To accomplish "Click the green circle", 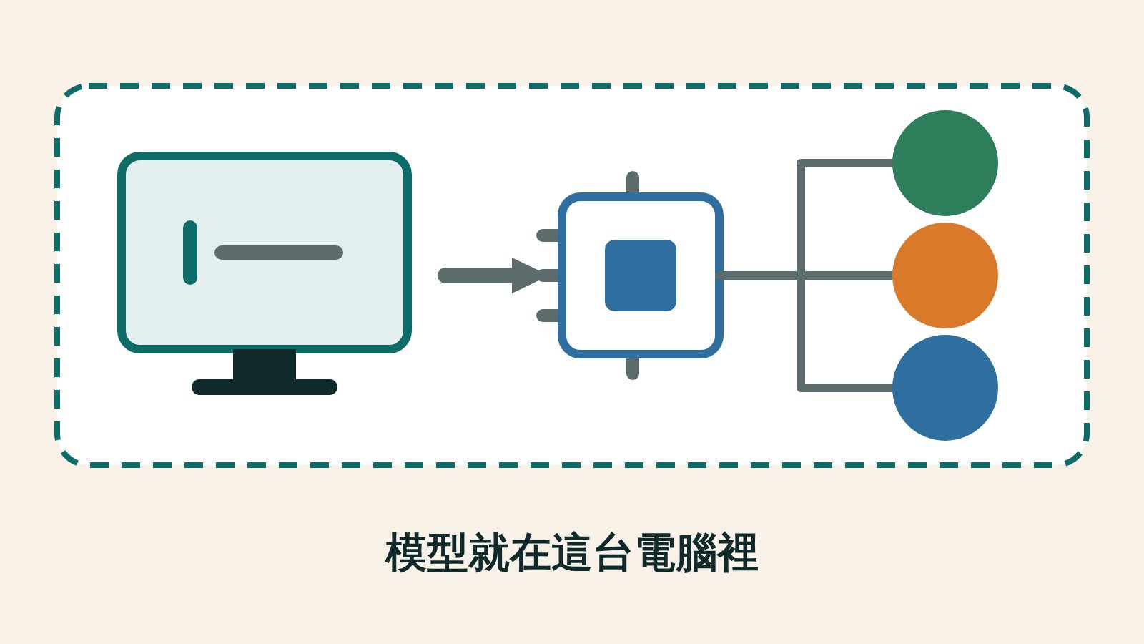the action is coord(945,163).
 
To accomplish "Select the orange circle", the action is coord(945,275).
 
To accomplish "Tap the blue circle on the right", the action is coord(945,387).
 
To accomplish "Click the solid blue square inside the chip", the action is coord(641,275).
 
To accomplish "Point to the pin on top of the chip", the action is coord(633,182).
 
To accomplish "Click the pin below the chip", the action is coord(633,369).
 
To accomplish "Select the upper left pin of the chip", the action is coord(548,235).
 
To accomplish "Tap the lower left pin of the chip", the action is coord(548,316).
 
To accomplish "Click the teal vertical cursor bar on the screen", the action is coord(190,253).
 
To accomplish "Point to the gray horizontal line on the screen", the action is coord(279,253).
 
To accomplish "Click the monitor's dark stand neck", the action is coord(265,364).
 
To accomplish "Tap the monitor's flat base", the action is coord(265,387).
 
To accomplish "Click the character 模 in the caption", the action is coord(405,552).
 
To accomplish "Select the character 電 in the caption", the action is coord(657,552).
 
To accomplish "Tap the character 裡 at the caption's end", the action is coord(737,552).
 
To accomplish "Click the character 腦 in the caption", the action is coord(696,552).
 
